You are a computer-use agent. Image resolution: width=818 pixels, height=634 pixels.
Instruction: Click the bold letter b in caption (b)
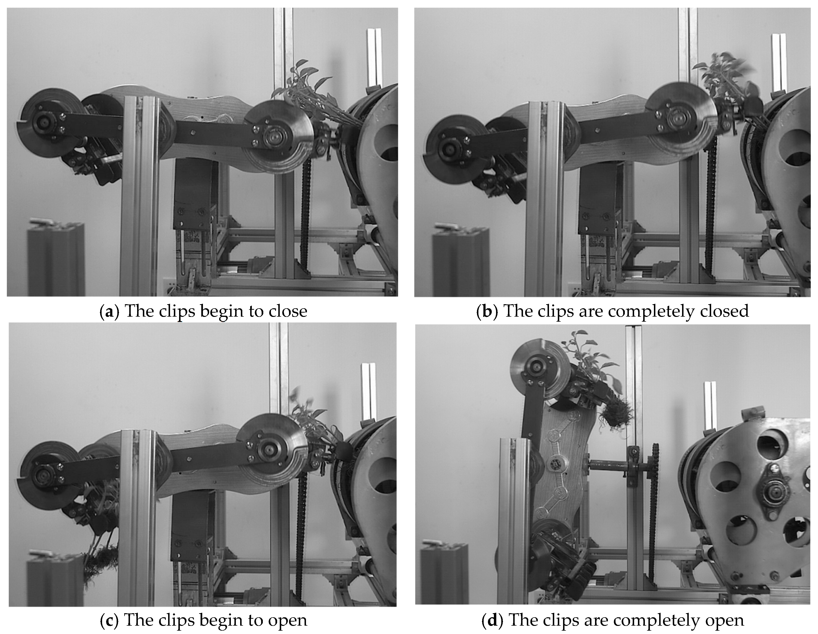click(487, 311)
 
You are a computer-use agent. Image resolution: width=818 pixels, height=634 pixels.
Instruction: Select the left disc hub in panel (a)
click(44, 122)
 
